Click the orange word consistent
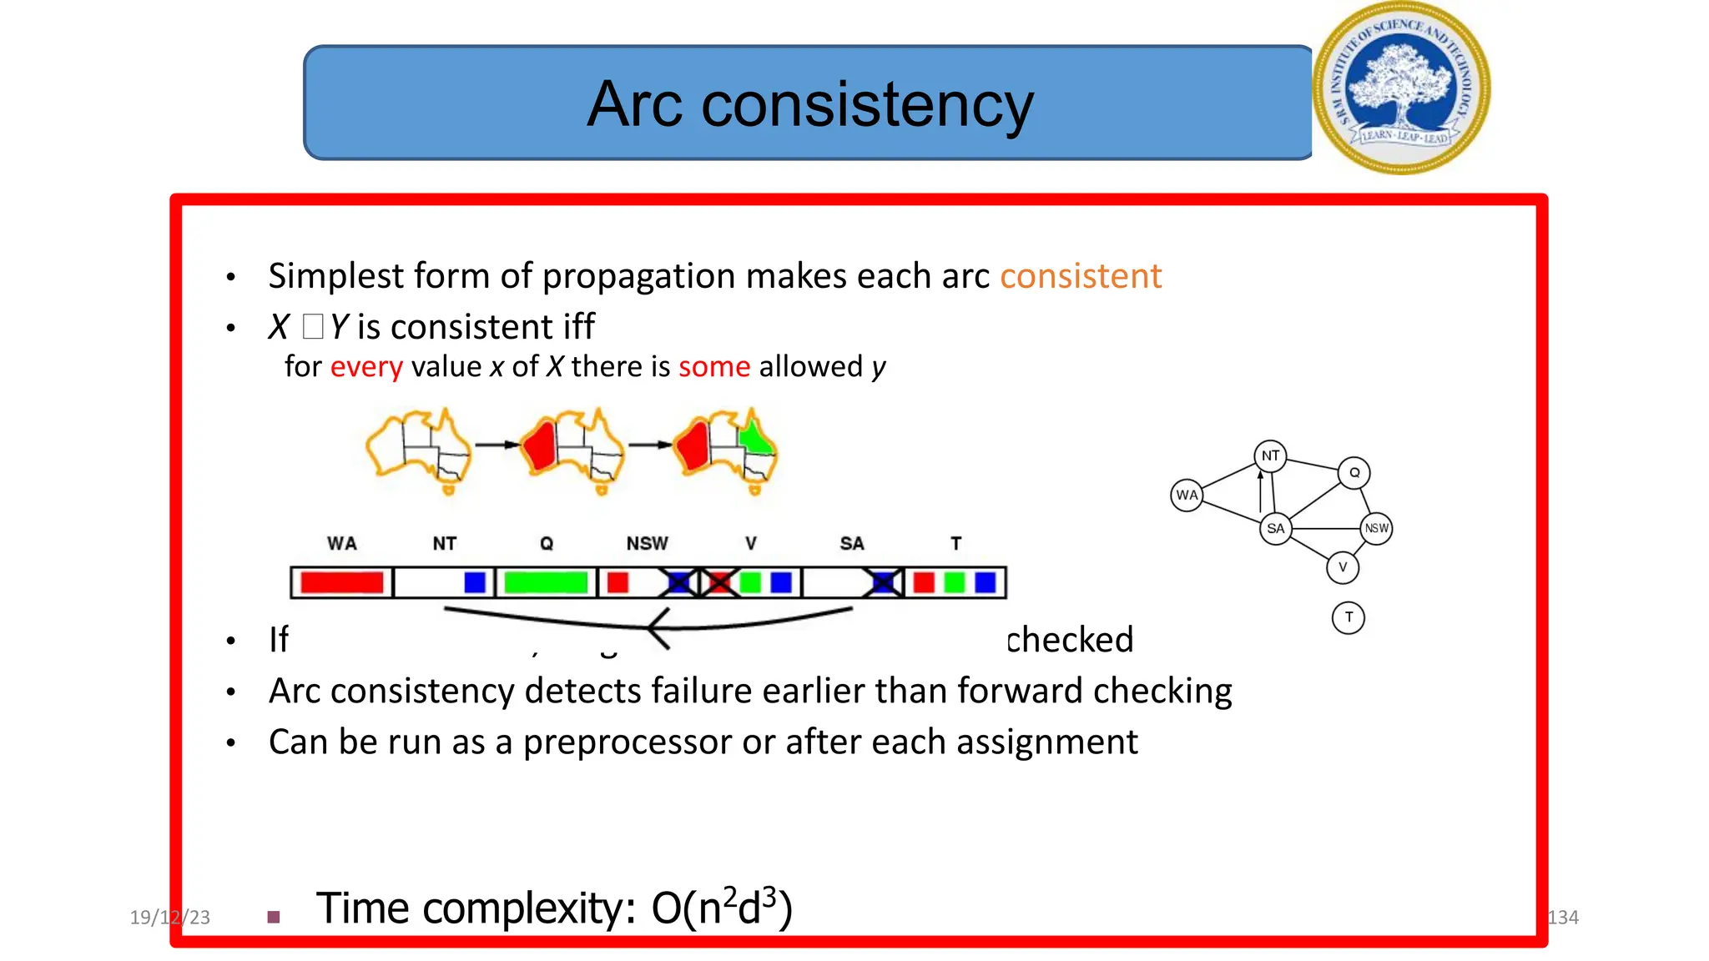click(x=1080, y=276)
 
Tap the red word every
click(x=366, y=367)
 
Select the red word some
click(x=714, y=367)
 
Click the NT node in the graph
click(x=1270, y=456)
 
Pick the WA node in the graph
click(x=1187, y=496)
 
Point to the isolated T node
click(x=1349, y=618)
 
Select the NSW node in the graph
click(x=1376, y=529)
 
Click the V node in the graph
click(x=1343, y=567)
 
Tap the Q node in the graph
click(x=1354, y=473)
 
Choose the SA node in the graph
click(x=1275, y=529)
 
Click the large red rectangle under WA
click(x=342, y=582)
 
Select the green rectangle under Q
click(x=546, y=582)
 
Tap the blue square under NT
click(x=475, y=582)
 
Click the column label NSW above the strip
click(x=647, y=544)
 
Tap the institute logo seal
click(x=1401, y=88)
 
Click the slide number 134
click(x=1562, y=918)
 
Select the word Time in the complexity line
click(x=362, y=908)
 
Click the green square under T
click(x=954, y=582)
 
